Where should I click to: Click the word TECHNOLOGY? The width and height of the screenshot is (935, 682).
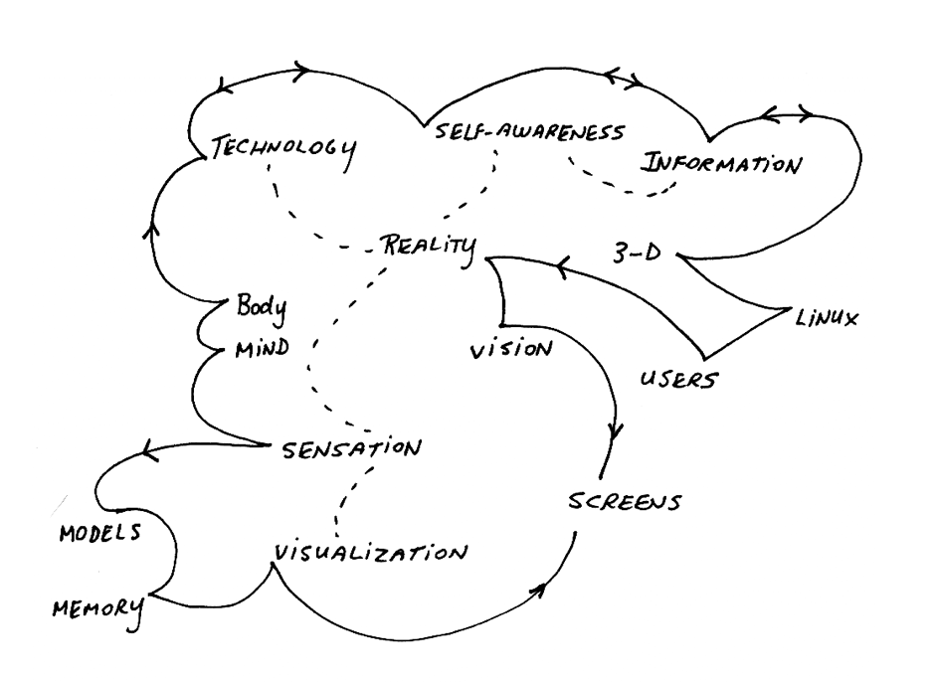tap(284, 148)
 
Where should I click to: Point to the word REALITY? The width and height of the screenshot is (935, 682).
tap(429, 245)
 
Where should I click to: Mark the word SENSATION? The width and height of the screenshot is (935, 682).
tap(347, 449)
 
